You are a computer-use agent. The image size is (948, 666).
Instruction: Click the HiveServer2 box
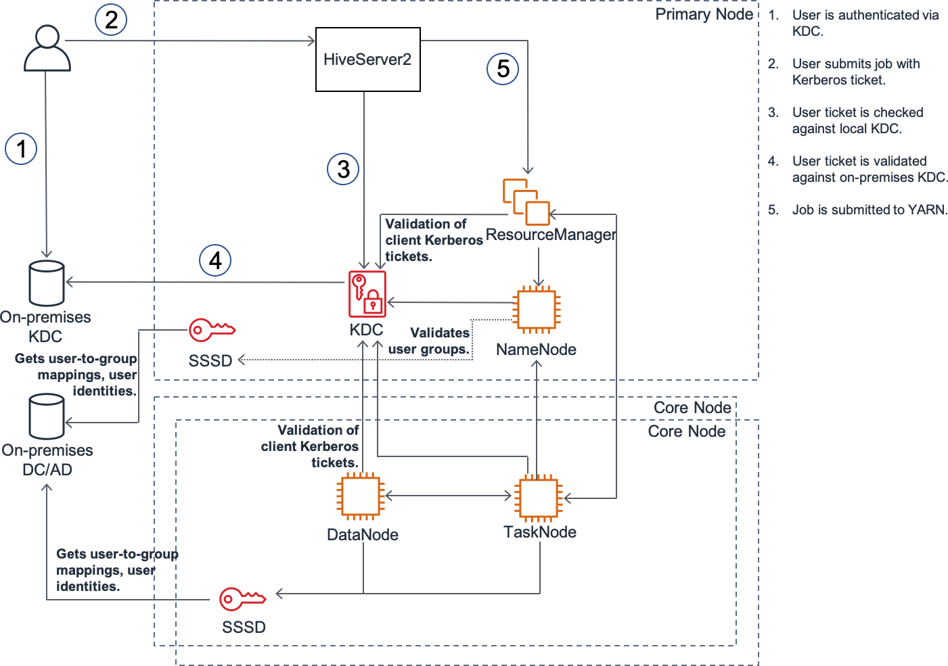(x=368, y=60)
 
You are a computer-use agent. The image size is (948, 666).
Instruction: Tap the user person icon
(x=47, y=48)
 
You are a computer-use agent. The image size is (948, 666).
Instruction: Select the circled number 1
(x=21, y=149)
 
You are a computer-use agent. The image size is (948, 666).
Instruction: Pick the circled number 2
(x=111, y=20)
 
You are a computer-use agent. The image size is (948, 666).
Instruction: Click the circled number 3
(x=343, y=169)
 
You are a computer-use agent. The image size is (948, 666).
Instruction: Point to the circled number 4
(x=215, y=260)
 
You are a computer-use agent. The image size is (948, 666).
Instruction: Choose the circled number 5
(x=502, y=69)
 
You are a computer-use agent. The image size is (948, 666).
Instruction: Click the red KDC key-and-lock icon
(x=367, y=294)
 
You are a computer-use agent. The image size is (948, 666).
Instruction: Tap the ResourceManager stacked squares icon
(x=526, y=202)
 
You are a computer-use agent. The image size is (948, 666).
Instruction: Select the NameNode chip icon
(x=536, y=310)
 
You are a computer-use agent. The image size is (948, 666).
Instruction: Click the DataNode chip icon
(x=361, y=496)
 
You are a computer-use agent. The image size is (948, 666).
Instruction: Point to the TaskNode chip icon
(x=538, y=498)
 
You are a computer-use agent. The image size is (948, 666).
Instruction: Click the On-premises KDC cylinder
(x=47, y=283)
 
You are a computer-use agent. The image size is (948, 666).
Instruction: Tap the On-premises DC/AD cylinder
(x=47, y=417)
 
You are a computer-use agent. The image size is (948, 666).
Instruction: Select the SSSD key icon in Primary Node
(x=212, y=330)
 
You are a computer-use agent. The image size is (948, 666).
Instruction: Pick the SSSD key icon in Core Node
(x=242, y=599)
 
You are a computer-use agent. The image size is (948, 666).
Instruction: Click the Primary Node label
(x=704, y=14)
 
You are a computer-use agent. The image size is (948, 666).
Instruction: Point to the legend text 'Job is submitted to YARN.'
(x=870, y=210)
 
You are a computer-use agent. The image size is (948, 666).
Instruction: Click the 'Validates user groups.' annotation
(x=429, y=341)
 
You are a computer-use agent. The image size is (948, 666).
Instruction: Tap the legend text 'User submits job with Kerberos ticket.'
(x=856, y=72)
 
